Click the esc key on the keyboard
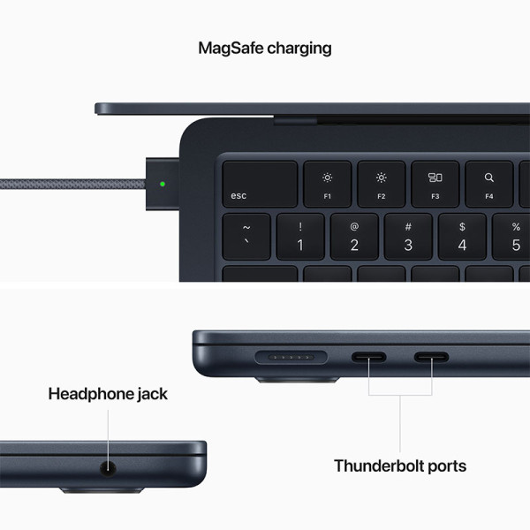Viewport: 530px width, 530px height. click(x=259, y=184)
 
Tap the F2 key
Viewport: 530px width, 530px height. click(x=382, y=184)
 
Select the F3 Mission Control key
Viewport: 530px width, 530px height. click(x=435, y=184)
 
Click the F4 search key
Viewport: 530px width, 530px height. click(x=488, y=184)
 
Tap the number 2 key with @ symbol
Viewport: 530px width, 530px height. click(x=354, y=236)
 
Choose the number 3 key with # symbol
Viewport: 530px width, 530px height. click(x=408, y=236)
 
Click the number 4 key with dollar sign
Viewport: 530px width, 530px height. click(x=462, y=236)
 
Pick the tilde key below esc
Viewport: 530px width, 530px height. click(x=246, y=236)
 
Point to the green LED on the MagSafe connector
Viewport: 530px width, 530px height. click(x=162, y=185)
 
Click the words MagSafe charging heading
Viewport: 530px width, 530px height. click(x=265, y=48)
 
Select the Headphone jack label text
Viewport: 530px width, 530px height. click(x=108, y=394)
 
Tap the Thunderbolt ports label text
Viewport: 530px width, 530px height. click(x=400, y=466)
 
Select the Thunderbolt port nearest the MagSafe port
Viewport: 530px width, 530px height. click(x=370, y=358)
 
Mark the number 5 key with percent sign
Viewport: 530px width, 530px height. click(x=514, y=236)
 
